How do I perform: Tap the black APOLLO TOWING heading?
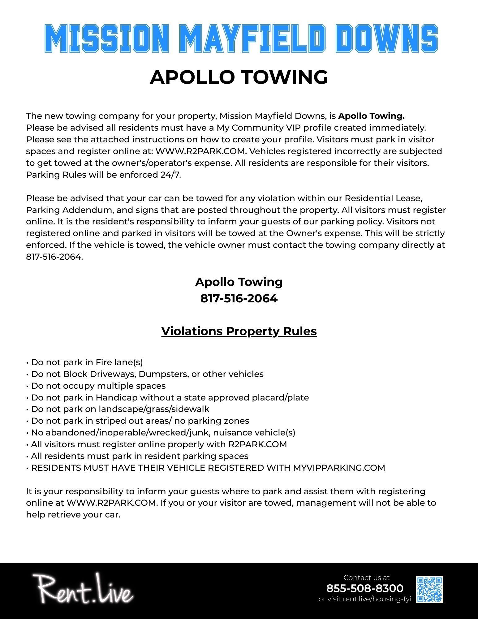(239, 77)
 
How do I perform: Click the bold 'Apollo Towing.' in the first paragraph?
(371, 116)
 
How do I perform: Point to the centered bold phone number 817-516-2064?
(239, 298)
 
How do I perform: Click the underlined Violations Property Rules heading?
(239, 331)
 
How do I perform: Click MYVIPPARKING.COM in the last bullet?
(339, 468)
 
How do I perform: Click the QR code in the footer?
(429, 589)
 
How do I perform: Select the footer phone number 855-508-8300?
(365, 588)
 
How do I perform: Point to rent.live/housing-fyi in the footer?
(377, 599)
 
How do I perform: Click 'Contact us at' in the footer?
(366, 578)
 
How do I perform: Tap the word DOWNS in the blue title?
(387, 38)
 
